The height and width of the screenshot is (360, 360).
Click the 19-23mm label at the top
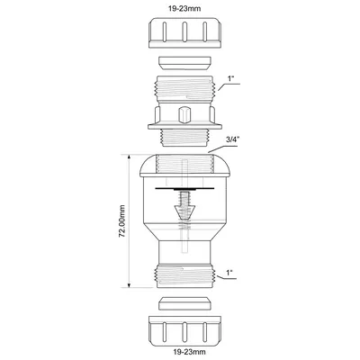[x=184, y=9]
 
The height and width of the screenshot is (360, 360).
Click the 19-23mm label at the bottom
[x=184, y=351]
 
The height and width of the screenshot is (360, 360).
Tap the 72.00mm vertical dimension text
[x=121, y=221]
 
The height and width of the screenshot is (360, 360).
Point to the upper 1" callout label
[x=230, y=79]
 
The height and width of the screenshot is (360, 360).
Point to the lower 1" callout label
[x=229, y=273]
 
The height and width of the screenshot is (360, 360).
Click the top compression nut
[x=185, y=33]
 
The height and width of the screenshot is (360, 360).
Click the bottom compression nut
[x=185, y=328]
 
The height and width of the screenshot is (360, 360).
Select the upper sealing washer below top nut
[x=184, y=63]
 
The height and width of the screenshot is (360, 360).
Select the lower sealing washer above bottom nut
[x=184, y=303]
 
